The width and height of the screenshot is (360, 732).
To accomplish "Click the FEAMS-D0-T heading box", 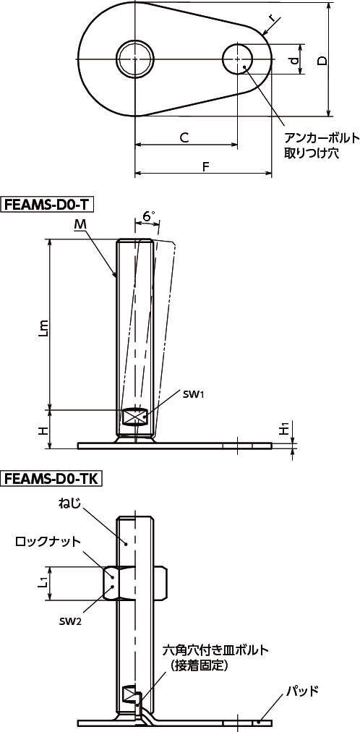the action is [x=48, y=204].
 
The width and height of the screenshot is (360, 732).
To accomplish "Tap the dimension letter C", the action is [x=184, y=137].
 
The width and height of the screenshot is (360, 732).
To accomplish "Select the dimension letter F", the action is [x=205, y=166].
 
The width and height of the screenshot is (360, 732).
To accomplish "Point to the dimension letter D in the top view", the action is [x=321, y=61].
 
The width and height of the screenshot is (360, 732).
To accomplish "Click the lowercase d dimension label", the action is [x=293, y=60].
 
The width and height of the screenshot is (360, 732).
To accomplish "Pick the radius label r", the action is [x=273, y=19].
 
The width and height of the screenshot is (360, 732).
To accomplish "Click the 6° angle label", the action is [x=149, y=216].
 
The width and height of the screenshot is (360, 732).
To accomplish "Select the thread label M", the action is [x=80, y=226].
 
